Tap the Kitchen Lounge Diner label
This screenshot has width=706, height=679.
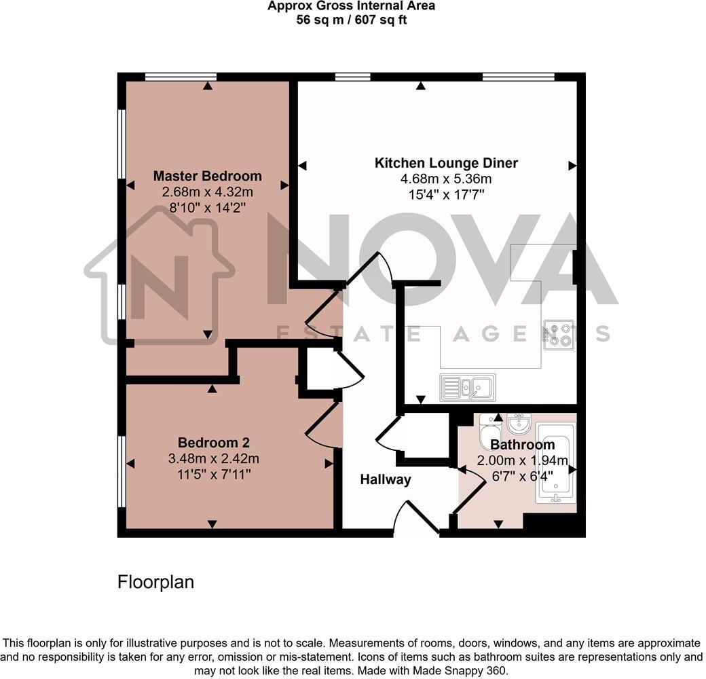click(446, 163)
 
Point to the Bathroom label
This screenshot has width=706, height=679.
click(522, 445)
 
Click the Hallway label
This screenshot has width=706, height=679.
click(385, 480)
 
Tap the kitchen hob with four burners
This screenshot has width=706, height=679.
click(559, 333)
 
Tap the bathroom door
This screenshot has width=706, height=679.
click(466, 490)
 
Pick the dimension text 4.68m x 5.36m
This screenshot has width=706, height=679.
click(446, 179)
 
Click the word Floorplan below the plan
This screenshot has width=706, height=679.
click(155, 582)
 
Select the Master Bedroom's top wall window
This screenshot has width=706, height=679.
click(181, 77)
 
